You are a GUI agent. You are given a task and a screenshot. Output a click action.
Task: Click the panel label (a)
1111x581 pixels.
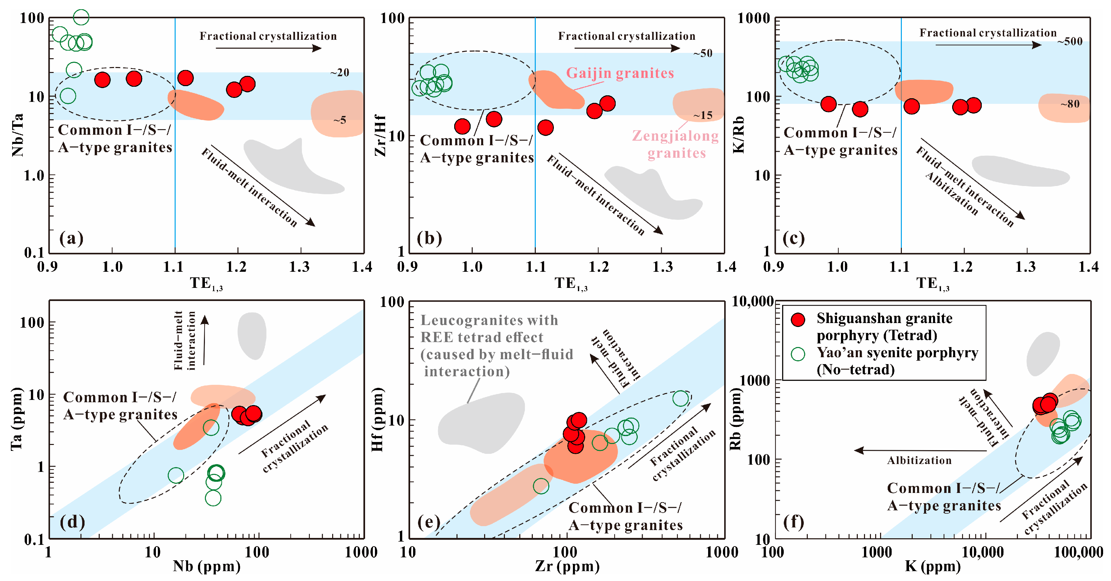pos(71,238)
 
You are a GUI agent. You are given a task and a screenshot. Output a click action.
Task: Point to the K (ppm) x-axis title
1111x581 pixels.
pos(932,566)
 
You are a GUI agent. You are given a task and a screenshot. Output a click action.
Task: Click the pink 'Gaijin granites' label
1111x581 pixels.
pos(620,73)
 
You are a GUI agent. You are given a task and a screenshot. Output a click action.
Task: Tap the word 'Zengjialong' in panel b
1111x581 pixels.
pos(676,136)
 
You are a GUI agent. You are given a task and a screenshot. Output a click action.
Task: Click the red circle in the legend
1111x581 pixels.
pos(798,319)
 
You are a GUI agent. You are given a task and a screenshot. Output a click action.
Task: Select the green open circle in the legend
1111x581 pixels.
pos(798,354)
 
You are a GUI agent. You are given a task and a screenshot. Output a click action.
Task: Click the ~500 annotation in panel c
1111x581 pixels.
pos(1070,41)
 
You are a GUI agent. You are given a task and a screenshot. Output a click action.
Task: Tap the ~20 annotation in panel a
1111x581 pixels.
pos(340,72)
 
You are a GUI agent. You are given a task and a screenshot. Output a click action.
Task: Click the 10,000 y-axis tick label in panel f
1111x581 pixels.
pos(752,302)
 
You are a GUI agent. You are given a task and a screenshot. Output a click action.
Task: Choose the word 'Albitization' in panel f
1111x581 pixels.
pos(919,460)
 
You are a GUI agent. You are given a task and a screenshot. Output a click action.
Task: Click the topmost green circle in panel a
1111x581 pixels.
pos(81,17)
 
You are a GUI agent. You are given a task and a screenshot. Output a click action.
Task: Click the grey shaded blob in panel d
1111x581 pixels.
pos(252,335)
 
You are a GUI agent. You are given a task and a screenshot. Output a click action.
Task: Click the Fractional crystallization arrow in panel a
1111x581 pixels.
pos(268,48)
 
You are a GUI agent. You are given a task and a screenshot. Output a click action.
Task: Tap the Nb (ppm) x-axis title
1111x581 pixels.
pos(207,566)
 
